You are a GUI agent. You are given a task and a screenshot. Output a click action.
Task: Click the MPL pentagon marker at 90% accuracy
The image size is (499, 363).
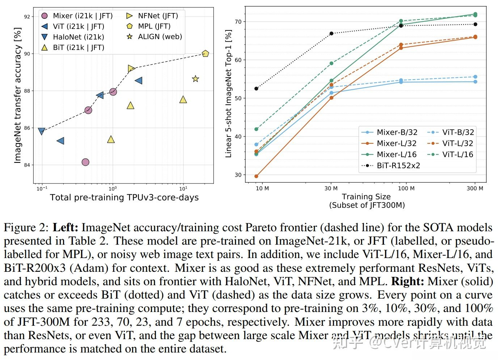pos(205,54)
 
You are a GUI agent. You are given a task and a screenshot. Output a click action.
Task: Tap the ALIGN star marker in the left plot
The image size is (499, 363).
pos(195,79)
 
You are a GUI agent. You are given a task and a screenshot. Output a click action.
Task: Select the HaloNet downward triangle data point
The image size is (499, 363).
pos(42,131)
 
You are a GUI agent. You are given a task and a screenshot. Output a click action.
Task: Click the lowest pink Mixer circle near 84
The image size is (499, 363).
pos(85,162)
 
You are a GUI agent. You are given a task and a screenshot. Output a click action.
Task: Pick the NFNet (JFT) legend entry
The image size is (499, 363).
pos(152,16)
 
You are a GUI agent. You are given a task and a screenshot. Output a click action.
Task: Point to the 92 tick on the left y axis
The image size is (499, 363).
pos(27,17)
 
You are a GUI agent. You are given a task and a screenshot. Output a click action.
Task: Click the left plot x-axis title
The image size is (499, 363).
pos(124,198)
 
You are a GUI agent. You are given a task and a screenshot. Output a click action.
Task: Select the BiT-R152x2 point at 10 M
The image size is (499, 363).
pos(257,89)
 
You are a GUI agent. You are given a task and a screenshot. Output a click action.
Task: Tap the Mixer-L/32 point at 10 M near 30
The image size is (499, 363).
pos(257,176)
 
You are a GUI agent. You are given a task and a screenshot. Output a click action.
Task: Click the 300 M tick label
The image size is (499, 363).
pos(475,189)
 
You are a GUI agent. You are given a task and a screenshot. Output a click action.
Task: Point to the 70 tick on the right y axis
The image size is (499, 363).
pos(238,22)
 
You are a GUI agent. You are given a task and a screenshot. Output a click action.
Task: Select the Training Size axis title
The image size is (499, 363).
pos(366,197)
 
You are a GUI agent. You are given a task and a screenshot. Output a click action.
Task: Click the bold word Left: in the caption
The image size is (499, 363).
pos(65,228)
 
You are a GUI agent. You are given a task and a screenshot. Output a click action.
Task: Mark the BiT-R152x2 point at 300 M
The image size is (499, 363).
pos(475,24)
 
